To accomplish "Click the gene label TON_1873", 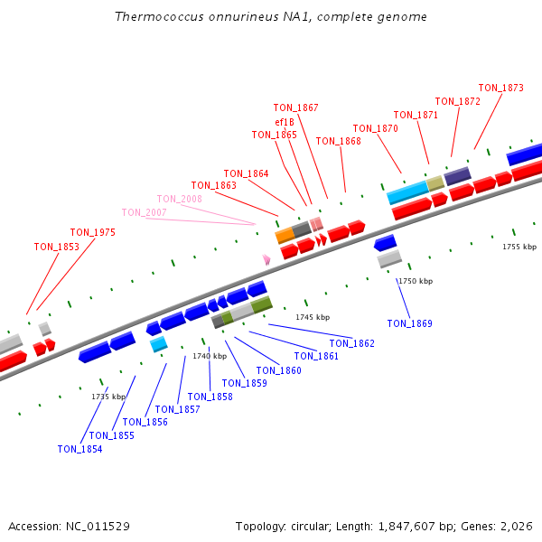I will (500, 88).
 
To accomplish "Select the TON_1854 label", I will (79, 449).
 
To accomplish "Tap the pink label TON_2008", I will (180, 199).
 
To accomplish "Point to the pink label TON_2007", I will (144, 212).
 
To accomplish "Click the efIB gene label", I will (285, 122).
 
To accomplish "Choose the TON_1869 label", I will (409, 323).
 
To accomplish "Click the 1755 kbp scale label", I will (519, 247).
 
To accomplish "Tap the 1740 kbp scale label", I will (210, 356).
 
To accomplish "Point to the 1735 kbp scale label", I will (108, 396).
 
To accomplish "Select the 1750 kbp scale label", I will (416, 281).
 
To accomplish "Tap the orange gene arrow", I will (285, 235).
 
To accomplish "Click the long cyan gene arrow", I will (406, 192).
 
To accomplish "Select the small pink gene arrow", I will (266, 259).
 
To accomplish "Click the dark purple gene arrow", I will (457, 175).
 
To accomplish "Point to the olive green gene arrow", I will (262, 305).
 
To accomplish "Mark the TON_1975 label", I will (93, 232).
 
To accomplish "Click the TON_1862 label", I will (351, 343).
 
